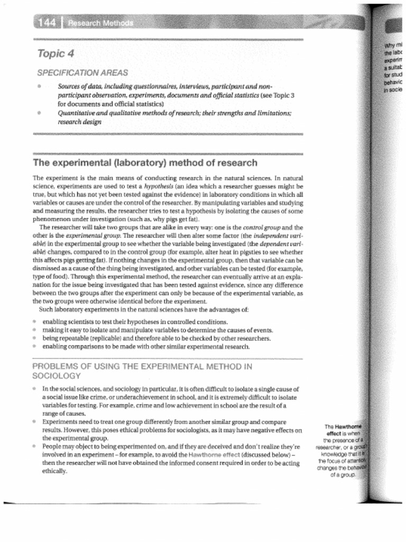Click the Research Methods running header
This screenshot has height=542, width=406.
point(100,23)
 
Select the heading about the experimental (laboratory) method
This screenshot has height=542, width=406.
point(145,162)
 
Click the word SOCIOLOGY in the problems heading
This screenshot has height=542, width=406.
point(57,376)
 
